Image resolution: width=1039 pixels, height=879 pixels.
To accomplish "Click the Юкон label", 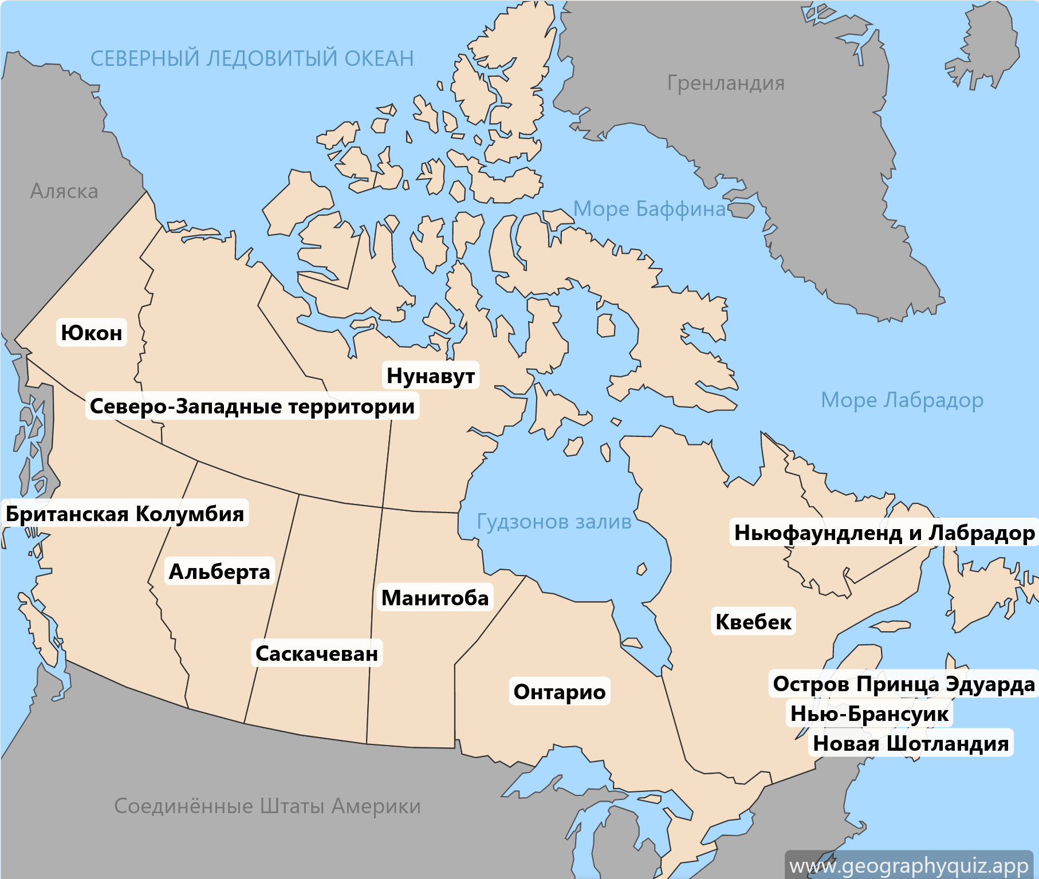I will point(92,333).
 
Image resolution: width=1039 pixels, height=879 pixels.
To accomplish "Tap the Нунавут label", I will point(431,376).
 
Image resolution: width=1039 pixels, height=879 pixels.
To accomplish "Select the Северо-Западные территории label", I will point(252,406).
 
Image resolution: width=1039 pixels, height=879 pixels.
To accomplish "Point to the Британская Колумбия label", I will point(125,514).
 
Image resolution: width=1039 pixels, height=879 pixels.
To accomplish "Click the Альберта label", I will point(219,571).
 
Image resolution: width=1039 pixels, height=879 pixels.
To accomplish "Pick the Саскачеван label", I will point(317,653).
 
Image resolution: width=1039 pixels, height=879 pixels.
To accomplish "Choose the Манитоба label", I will point(435,598).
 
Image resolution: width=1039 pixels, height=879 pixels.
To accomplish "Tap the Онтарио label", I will point(560,692).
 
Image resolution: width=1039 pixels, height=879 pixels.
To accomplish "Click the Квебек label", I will point(754,622).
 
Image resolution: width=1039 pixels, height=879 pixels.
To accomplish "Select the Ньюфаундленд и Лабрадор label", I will point(884,533).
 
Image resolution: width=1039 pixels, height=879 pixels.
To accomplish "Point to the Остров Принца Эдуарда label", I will point(904,684).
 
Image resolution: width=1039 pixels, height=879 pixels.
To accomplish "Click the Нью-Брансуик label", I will point(869,714).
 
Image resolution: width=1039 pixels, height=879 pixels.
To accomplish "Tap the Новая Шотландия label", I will point(911,743).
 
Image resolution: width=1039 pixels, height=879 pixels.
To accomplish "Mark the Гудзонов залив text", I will point(554,522).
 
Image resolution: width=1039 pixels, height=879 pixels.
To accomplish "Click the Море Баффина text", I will point(650,209).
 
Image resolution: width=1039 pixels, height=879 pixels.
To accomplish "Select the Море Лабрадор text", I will point(902,400).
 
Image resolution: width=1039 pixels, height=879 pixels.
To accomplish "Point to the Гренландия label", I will point(726,83).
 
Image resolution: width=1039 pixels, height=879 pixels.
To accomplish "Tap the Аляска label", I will point(64,191).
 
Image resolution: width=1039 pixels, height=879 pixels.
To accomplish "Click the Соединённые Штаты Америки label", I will point(267,806).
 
